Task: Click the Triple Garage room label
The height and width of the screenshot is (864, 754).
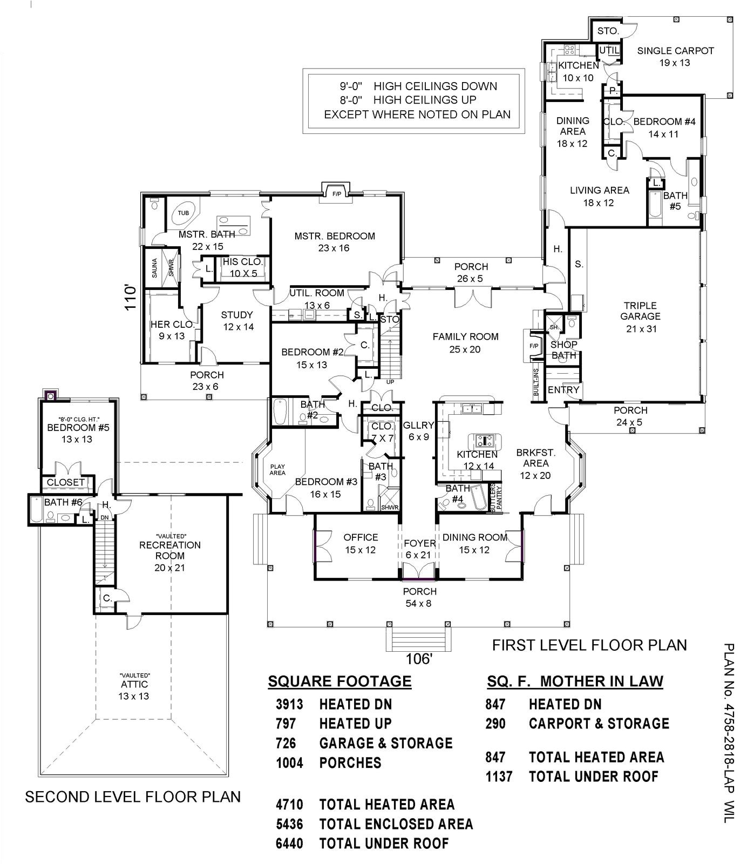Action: (640, 316)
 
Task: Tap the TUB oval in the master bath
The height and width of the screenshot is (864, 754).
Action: (184, 213)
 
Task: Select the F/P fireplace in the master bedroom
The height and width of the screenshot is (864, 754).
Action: (336, 193)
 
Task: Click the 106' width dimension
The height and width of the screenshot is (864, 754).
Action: (419, 659)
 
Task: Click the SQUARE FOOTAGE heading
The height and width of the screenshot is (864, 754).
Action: (339, 681)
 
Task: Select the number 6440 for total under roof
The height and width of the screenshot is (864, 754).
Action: (289, 843)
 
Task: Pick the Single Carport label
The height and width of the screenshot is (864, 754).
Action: (675, 56)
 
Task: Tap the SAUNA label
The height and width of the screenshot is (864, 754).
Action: (154, 268)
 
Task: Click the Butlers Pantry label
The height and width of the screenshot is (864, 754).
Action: (496, 498)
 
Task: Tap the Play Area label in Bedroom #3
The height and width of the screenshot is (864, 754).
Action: (277, 469)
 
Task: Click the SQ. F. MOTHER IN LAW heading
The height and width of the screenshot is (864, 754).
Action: (574, 681)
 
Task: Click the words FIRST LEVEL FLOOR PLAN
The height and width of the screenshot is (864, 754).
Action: (589, 645)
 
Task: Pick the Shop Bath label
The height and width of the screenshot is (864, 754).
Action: (564, 349)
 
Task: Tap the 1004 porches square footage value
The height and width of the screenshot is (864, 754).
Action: (289, 763)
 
